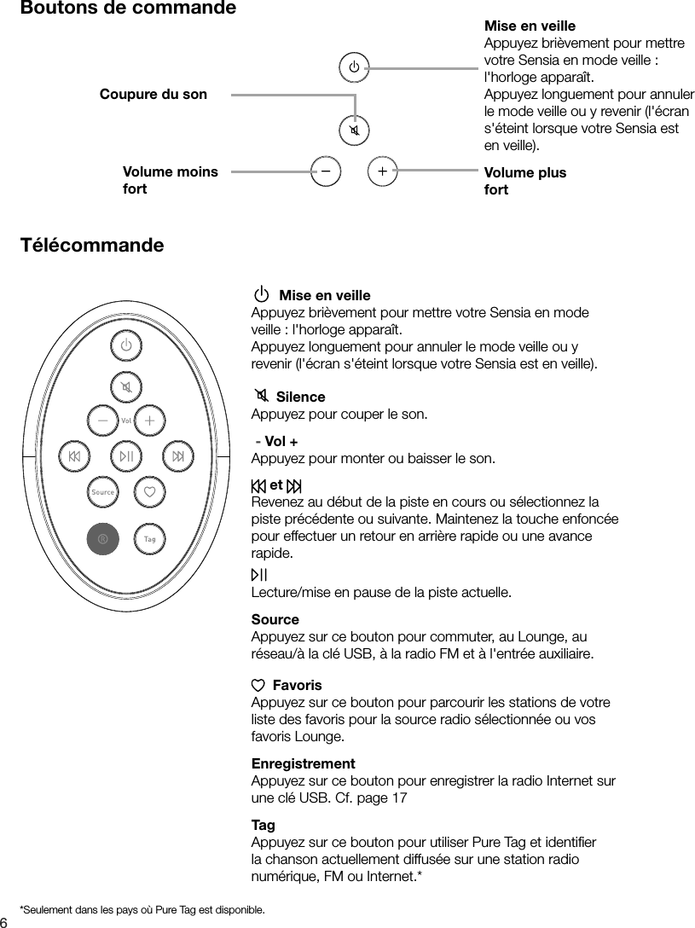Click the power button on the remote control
pos(126,346)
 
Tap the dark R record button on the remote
pos(102,539)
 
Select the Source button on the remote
pos(102,492)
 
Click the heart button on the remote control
pos(149,492)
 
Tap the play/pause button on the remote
pos(126,456)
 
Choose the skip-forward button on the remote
pos(177,456)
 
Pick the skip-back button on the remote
pos(75,456)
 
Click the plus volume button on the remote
pos(149,420)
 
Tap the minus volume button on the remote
pos(102,420)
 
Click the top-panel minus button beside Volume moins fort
pos(326,171)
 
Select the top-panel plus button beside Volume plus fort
pos(382,171)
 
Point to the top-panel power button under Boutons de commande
pos(354,67)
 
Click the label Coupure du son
pos(153,94)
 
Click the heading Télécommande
pos(92,246)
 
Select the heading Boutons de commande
pos(128,9)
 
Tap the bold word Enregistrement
pos(303,763)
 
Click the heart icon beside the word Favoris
pos(258,685)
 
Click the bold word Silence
pos(300,397)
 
